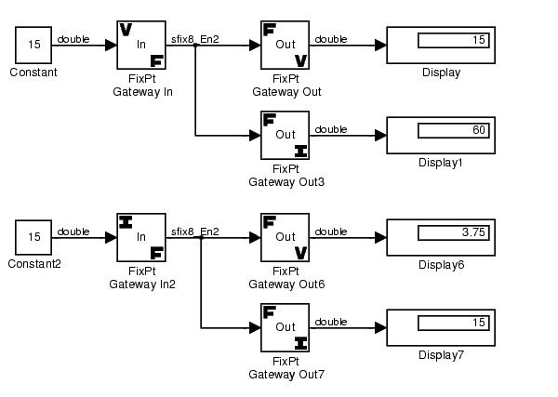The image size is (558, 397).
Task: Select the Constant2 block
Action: [33, 236]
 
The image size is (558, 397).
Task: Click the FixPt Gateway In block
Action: [141, 45]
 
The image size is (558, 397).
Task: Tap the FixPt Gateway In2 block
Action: [141, 236]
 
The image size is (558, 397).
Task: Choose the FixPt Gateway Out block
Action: [286, 45]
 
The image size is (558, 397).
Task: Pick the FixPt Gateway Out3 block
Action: [286, 136]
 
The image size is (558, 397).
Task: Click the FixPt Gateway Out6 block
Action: [286, 236]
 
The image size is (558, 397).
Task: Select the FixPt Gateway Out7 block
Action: [286, 327]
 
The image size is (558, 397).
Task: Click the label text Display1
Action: [442, 163]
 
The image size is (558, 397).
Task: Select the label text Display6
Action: [442, 265]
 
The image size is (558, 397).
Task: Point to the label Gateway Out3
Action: [286, 181]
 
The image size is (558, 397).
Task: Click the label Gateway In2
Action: [141, 284]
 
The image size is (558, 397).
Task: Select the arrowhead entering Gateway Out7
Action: [254, 327]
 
